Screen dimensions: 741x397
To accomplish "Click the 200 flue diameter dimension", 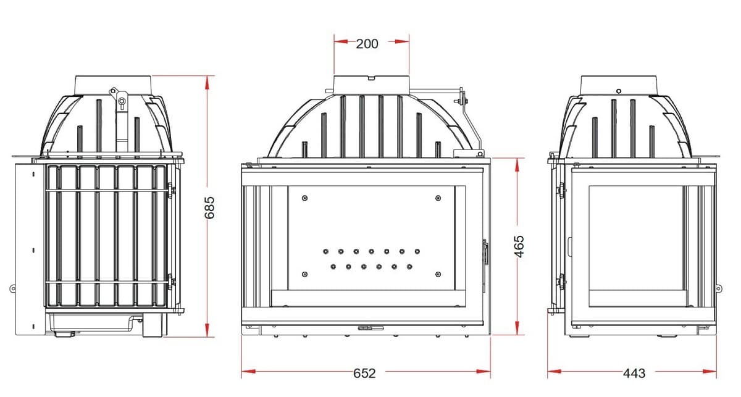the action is point(367,44).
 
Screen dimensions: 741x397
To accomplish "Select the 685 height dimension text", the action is point(209,208).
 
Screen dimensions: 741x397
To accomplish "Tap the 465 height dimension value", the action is point(519,246).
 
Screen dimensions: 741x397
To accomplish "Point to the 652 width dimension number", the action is point(364,373).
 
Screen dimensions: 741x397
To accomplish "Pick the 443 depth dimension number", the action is point(634,373).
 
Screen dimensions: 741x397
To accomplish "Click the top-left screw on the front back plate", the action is point(305,198).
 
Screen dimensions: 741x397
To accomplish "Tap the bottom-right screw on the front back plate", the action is point(438,274).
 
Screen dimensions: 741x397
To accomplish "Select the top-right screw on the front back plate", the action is point(438,198).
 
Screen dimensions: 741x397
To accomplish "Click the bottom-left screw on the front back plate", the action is point(305,274).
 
